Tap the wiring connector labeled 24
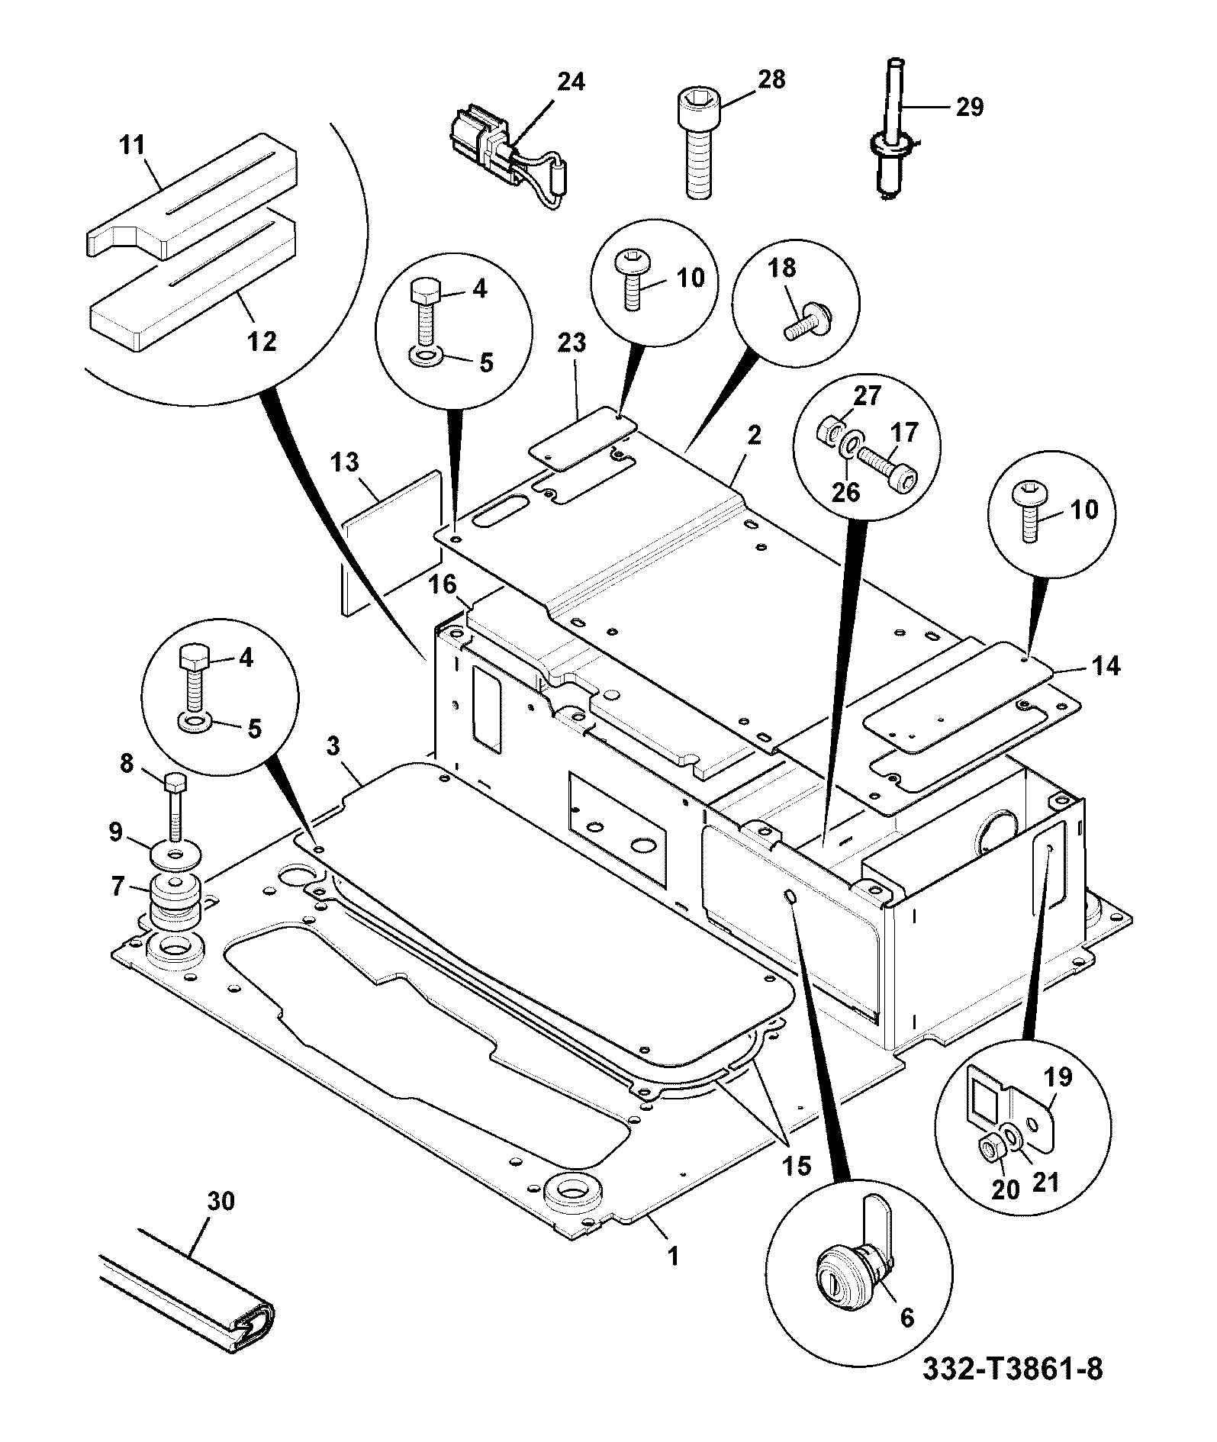507,156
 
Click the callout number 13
345,462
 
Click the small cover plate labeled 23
584,438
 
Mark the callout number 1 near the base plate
672,1255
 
